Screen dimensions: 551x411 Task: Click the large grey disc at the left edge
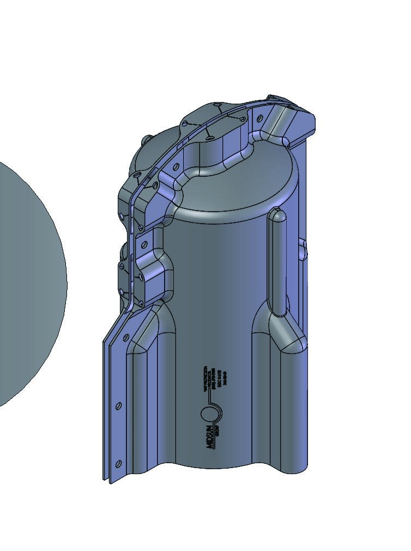coord(27,284)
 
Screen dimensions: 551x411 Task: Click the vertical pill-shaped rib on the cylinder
coord(277,262)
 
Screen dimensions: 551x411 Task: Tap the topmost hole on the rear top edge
coord(217,104)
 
